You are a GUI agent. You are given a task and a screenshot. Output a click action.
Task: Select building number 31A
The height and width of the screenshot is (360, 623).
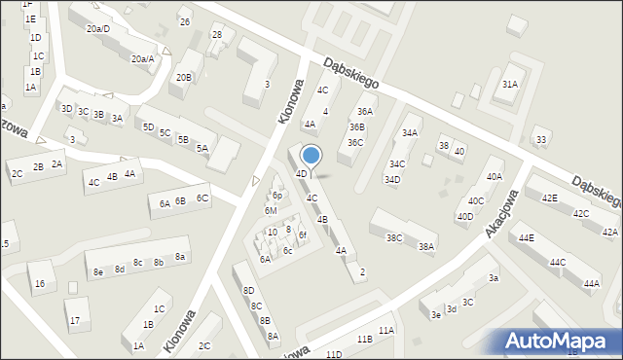pos(509,85)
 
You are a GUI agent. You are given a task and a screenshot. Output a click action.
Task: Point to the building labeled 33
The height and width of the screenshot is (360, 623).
pos(541,140)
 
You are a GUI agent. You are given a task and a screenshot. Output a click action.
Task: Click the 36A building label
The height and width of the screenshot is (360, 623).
pos(365,112)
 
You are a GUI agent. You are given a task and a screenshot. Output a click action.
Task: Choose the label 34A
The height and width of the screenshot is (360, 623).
pos(410,133)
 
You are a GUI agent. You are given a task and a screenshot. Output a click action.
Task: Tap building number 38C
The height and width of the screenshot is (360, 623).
pos(394,237)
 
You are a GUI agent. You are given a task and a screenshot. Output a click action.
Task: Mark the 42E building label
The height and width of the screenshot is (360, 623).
pos(550,198)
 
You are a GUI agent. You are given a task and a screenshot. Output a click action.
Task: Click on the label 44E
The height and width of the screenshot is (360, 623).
pos(527,237)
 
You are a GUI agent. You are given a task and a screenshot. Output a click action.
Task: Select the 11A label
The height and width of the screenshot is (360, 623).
pos(386,331)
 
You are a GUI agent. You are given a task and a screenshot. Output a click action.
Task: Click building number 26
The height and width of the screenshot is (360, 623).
pos(185,21)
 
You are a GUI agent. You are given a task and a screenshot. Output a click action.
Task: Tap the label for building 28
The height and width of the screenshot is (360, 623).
pos(217,35)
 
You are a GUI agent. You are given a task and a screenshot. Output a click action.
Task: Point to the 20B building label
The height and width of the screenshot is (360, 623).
pos(184,77)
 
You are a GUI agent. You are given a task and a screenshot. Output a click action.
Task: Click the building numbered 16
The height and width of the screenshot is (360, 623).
pos(39,284)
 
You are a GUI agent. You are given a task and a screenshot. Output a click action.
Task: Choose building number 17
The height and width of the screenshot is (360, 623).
pos(74,319)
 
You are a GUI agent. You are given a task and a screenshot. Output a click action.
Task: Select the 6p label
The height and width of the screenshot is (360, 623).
pos(276,196)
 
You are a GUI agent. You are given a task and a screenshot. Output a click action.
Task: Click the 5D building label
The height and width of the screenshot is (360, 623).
pos(148,126)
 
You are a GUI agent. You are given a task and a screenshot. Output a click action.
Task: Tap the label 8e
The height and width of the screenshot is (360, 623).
pos(98,272)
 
